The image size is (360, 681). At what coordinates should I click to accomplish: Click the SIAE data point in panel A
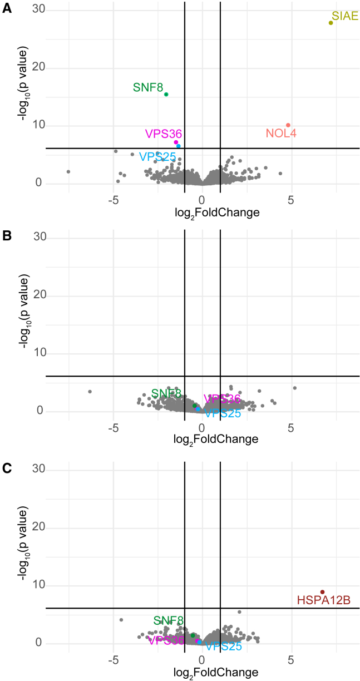[x=331, y=23]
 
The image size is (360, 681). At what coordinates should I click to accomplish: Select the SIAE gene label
[x=345, y=16]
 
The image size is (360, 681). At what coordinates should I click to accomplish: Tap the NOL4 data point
[x=288, y=125]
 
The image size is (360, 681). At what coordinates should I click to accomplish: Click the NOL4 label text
[x=281, y=134]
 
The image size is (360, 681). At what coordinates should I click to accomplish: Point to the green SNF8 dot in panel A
[x=166, y=94]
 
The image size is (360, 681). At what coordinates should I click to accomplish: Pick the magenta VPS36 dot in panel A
[x=176, y=142]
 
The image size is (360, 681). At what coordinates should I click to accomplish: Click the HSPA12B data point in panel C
[x=322, y=592]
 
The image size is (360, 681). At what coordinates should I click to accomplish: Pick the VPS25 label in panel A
[x=158, y=156]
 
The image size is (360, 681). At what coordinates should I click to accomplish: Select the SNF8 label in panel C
[x=168, y=621]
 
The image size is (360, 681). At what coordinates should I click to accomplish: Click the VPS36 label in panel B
[x=223, y=399]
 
